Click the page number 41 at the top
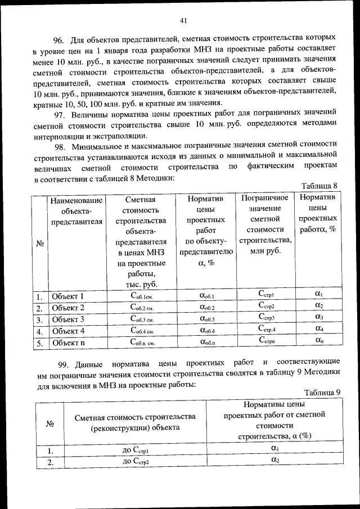click(183, 21)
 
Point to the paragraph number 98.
click(60, 144)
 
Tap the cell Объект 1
click(67, 296)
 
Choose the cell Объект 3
click(67, 320)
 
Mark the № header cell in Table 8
click(40, 243)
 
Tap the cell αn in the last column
click(318, 341)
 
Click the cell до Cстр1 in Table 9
click(136, 451)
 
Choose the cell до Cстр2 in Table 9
click(136, 462)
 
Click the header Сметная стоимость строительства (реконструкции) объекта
click(136, 422)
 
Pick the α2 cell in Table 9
click(274, 461)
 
